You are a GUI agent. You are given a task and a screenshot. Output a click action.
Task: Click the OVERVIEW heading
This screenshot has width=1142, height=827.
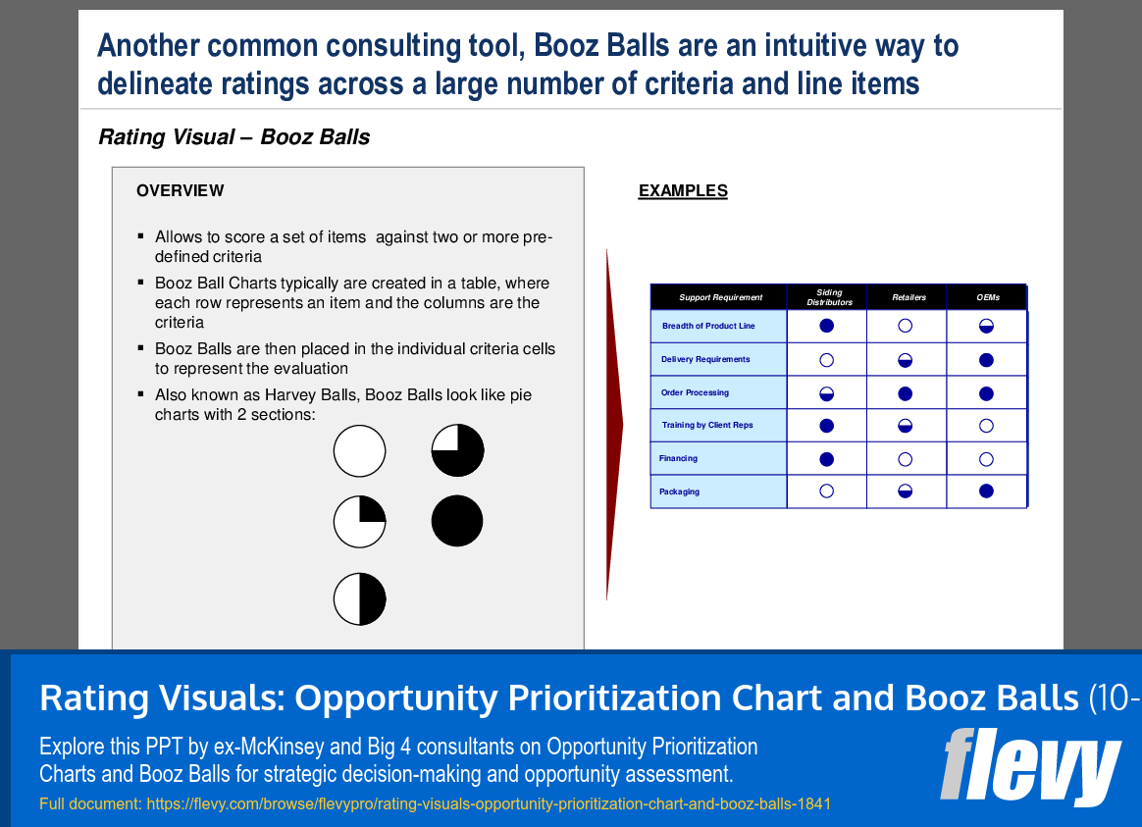[x=180, y=191]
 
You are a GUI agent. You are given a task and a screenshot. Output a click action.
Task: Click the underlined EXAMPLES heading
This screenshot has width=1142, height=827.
[x=683, y=191]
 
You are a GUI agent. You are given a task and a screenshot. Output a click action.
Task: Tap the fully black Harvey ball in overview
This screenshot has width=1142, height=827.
[x=457, y=521]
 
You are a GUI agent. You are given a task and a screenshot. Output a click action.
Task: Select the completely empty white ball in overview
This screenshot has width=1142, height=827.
[x=359, y=451]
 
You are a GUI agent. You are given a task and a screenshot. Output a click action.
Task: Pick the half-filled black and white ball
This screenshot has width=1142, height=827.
[x=359, y=598]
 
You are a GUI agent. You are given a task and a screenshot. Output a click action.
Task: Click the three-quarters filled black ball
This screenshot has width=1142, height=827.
[x=457, y=451]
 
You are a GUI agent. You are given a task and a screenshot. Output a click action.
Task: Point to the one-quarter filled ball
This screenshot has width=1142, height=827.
[x=359, y=521]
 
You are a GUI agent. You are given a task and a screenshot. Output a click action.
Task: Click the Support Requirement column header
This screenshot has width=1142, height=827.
[x=720, y=297]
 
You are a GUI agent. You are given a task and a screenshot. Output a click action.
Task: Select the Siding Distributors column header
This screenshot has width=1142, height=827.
[x=829, y=297]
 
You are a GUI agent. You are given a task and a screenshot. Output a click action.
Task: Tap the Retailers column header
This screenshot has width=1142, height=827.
[x=908, y=297]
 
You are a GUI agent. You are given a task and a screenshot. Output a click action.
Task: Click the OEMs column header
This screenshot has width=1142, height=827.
[x=987, y=297]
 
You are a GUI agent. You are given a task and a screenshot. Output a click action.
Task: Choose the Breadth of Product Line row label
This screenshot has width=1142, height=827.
[x=707, y=326]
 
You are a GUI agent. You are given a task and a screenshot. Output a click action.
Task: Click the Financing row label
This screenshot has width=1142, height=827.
[x=678, y=458]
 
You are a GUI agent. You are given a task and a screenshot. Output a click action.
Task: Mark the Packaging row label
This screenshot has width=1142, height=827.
[x=679, y=491]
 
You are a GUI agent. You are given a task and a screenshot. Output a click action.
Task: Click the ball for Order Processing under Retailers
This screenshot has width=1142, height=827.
[x=906, y=393]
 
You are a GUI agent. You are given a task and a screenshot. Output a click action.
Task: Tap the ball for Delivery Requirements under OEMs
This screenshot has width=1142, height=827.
[x=987, y=360]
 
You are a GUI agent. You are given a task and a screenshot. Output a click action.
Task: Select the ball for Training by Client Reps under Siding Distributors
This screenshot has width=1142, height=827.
[x=826, y=426]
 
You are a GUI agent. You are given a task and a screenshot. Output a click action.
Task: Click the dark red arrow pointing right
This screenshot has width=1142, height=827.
[x=613, y=425]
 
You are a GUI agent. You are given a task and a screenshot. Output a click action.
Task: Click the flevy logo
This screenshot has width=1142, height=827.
[x=1029, y=766]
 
